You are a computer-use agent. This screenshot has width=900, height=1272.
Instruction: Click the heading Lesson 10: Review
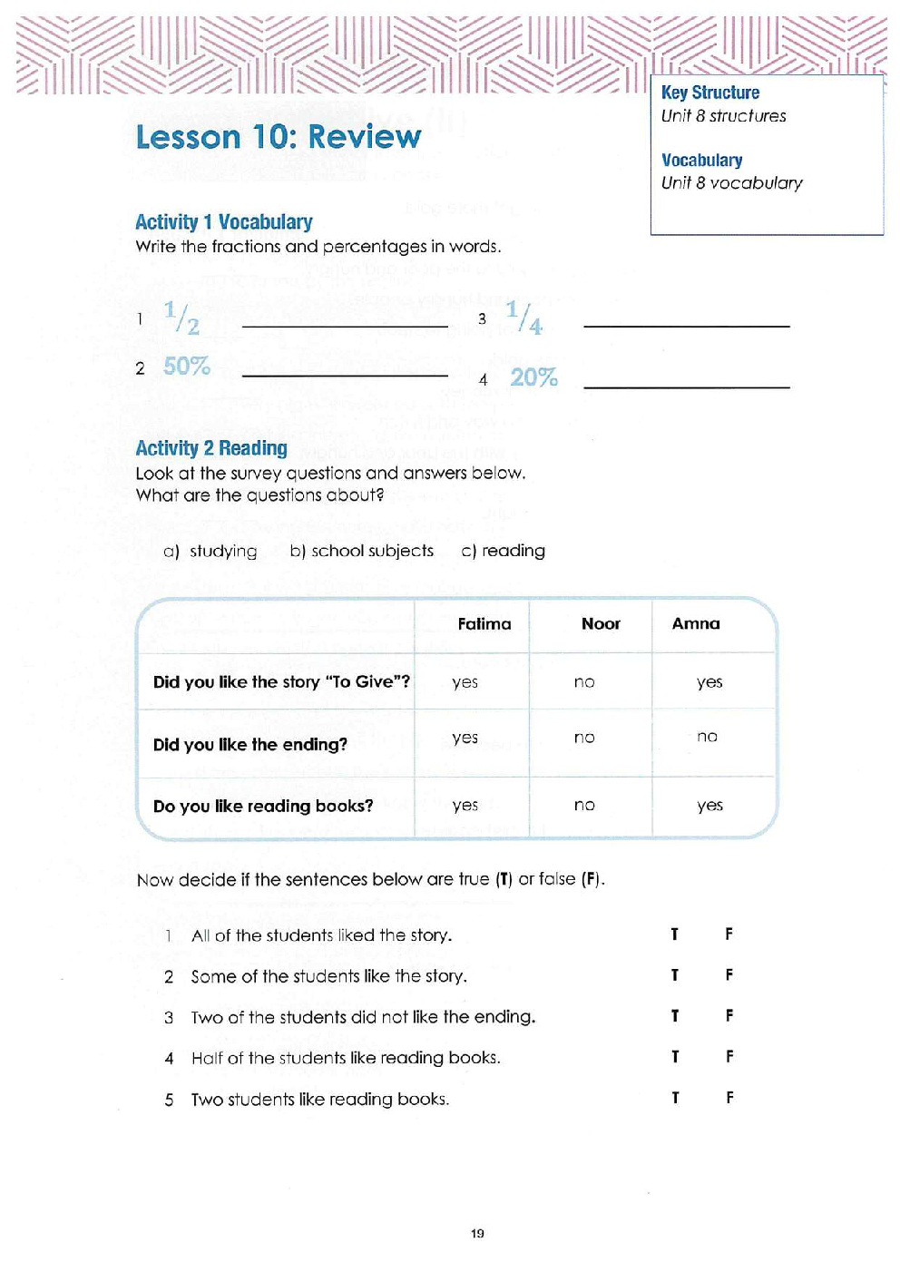tap(278, 137)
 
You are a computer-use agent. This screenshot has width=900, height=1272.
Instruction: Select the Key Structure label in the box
tap(709, 93)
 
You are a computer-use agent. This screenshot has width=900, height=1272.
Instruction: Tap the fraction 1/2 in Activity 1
tap(181, 318)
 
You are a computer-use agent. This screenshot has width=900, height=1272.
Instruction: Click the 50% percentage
tap(186, 366)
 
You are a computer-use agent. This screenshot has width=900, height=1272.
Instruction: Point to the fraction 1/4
tap(523, 318)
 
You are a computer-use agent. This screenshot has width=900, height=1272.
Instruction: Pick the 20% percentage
tap(533, 377)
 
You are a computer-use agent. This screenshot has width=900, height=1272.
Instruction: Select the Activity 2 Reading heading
tap(210, 448)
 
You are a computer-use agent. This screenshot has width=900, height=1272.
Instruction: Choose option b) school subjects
tap(361, 551)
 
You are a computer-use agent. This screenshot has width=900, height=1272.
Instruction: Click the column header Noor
tap(601, 623)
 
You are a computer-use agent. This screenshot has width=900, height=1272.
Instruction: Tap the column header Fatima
tap(484, 623)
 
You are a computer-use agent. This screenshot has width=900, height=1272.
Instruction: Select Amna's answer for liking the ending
tap(707, 737)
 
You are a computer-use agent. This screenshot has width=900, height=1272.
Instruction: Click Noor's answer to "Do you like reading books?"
tap(584, 806)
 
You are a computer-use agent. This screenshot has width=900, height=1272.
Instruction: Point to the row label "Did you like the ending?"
tap(249, 745)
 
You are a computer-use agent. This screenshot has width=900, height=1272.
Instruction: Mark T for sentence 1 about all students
tap(674, 934)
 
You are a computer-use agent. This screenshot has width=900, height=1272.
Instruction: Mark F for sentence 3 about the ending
tap(729, 1016)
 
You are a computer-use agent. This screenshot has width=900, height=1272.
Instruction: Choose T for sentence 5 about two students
tap(674, 1098)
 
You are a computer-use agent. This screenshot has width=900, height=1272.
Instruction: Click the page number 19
tap(477, 1233)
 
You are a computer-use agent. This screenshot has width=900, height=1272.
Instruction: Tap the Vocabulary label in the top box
tap(701, 161)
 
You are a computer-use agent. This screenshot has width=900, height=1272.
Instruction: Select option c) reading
tap(503, 551)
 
